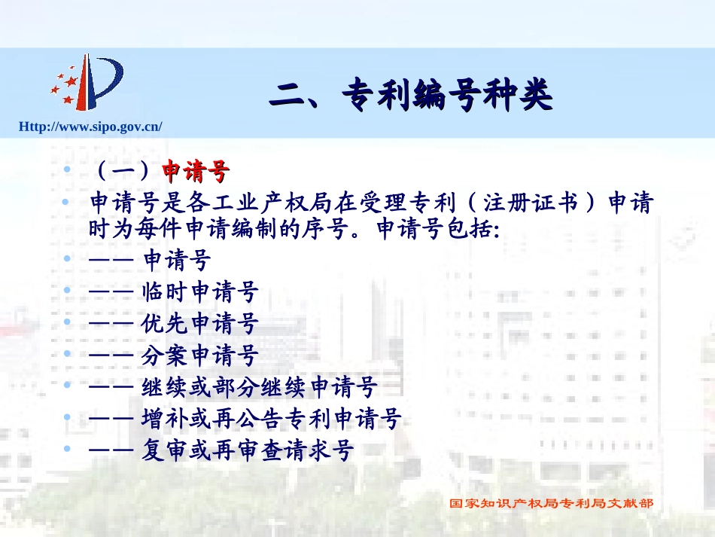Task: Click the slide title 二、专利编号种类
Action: click(411, 96)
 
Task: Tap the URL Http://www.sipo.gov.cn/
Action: click(90, 127)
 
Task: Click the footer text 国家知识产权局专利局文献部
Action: click(551, 503)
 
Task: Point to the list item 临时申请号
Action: click(200, 291)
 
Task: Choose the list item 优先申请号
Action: click(200, 323)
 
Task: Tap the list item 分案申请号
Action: click(200, 355)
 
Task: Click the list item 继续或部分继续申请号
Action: click(259, 387)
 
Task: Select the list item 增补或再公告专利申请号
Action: click(271, 419)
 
